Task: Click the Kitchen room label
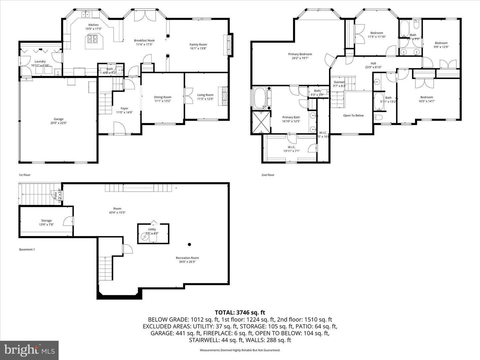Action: [x=93, y=25]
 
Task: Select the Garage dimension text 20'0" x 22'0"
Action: [x=59, y=123]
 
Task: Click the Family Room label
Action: [x=198, y=45]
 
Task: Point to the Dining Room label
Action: [x=162, y=97]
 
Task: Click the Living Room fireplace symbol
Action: [x=223, y=96]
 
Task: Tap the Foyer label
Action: [x=124, y=108]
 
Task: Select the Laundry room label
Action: [x=40, y=61]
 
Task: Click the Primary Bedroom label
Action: [x=300, y=54]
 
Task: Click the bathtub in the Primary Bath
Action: [x=260, y=98]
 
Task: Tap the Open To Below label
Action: [x=353, y=116]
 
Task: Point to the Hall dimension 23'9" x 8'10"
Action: [x=373, y=67]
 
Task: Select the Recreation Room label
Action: [x=187, y=258]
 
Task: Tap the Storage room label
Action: [x=46, y=221]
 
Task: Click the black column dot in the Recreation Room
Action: [x=189, y=244]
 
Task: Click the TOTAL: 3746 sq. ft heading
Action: [x=240, y=312]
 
